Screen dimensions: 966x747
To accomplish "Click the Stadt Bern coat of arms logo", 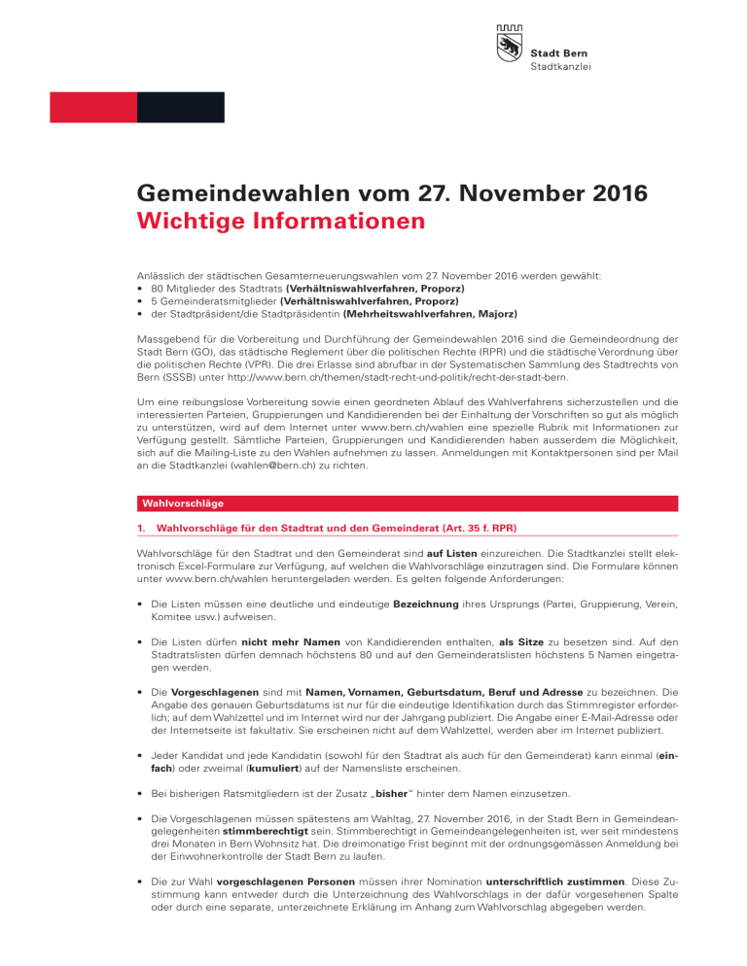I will tap(510, 47).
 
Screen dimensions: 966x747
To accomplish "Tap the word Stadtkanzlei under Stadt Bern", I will tap(561, 67).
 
